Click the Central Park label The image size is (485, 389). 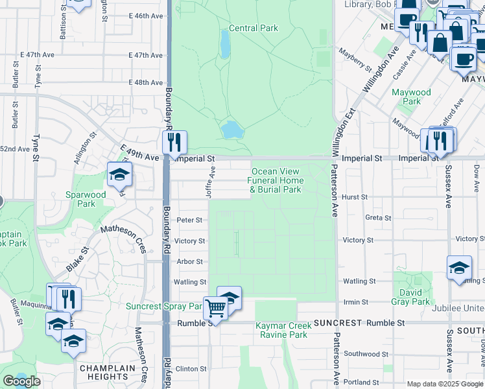point(253,29)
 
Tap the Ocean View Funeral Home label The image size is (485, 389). point(276,181)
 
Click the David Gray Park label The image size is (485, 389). point(410,297)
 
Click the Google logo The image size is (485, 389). point(22,381)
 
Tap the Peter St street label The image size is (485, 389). point(190,220)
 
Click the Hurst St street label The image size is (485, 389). point(355,197)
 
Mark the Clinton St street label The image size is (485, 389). point(191,368)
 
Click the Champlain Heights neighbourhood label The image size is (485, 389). point(104,372)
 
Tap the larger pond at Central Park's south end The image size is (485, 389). point(231,130)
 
